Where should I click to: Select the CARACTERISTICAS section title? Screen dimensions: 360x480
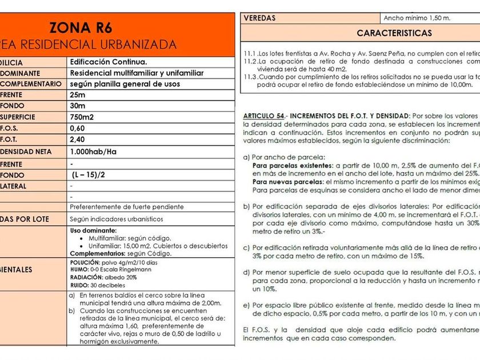click(x=394, y=33)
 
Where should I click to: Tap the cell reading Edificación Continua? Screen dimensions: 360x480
click(x=109, y=62)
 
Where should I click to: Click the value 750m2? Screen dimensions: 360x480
click(x=82, y=117)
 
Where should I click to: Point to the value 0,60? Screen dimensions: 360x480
click(x=77, y=128)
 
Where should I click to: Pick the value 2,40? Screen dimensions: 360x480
click(x=77, y=139)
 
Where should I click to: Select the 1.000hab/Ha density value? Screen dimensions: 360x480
click(x=93, y=152)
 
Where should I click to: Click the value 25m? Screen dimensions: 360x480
click(x=77, y=95)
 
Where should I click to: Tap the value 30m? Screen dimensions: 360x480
click(x=77, y=106)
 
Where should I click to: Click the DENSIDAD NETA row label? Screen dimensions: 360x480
click(x=25, y=152)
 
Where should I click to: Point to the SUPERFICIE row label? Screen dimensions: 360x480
click(x=17, y=117)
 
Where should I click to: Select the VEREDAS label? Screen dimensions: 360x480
click(x=259, y=18)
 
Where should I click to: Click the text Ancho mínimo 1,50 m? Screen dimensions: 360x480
click(x=417, y=18)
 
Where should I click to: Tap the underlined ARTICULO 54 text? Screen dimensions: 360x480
click(x=263, y=115)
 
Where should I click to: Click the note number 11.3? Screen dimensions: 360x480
click(x=250, y=77)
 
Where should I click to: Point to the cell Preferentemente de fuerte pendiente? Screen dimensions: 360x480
click(x=126, y=206)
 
